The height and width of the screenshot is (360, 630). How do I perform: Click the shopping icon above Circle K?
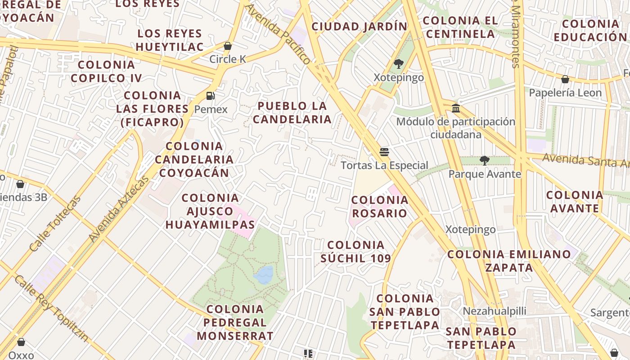pyautogui.click(x=228, y=46)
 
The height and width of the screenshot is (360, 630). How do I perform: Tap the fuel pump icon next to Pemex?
pyautogui.click(x=210, y=95)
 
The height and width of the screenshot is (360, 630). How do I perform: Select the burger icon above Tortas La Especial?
pyautogui.click(x=384, y=152)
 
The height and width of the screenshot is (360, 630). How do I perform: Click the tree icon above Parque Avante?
pyautogui.click(x=484, y=160)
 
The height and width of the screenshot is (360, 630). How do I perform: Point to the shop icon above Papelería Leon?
pyautogui.click(x=565, y=79)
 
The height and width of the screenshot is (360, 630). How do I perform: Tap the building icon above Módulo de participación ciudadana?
pyautogui.click(x=455, y=108)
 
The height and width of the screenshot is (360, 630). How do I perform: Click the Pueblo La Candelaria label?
pyautogui.click(x=292, y=112)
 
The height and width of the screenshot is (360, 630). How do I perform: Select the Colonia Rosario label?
pyautogui.click(x=379, y=206)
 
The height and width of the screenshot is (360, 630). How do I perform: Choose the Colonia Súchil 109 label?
pyautogui.click(x=355, y=252)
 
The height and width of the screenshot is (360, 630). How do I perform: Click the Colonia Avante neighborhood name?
pyautogui.click(x=575, y=201)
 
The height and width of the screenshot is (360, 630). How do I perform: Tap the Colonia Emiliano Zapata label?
pyautogui.click(x=509, y=261)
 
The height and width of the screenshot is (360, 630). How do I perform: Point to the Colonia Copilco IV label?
pyautogui.click(x=106, y=71)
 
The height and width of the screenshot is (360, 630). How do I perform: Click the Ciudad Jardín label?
pyautogui.click(x=359, y=27)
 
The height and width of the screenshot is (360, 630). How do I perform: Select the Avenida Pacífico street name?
pyautogui.click(x=279, y=35)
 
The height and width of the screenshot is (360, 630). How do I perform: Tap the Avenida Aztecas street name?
pyautogui.click(x=119, y=209)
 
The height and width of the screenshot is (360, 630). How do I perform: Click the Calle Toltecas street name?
pyautogui.click(x=55, y=224)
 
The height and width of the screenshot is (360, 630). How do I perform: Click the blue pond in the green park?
pyautogui.click(x=264, y=275)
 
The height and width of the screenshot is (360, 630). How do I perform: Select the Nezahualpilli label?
pyautogui.click(x=495, y=310)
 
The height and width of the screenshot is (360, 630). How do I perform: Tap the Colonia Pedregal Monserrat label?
pyautogui.click(x=235, y=322)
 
